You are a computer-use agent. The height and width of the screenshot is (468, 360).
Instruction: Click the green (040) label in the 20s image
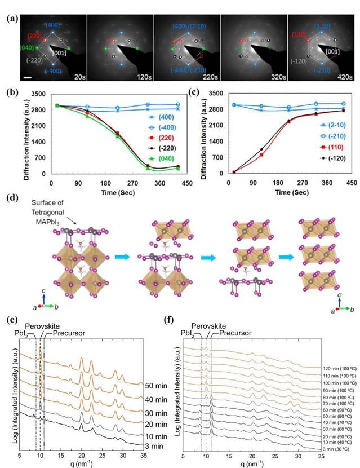(x=27, y=47)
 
